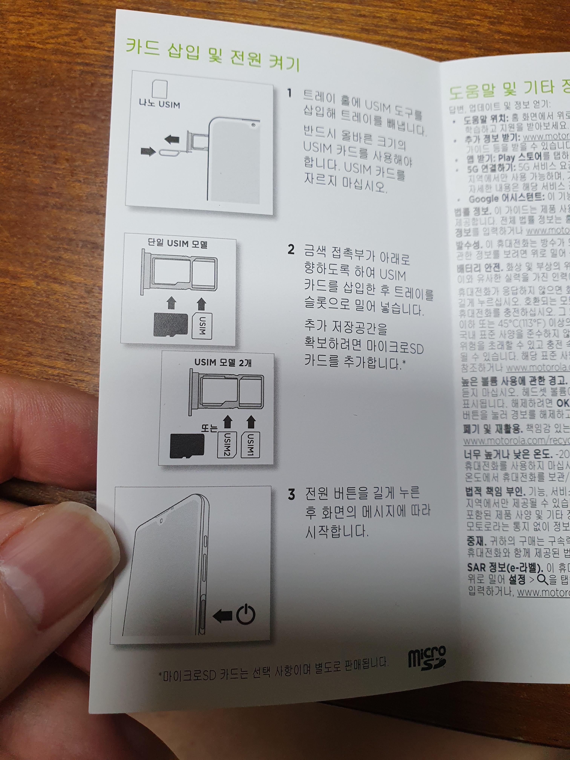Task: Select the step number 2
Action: (x=291, y=250)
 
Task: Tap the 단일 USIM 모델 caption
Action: (x=178, y=244)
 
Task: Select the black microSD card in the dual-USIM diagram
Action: (x=187, y=446)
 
